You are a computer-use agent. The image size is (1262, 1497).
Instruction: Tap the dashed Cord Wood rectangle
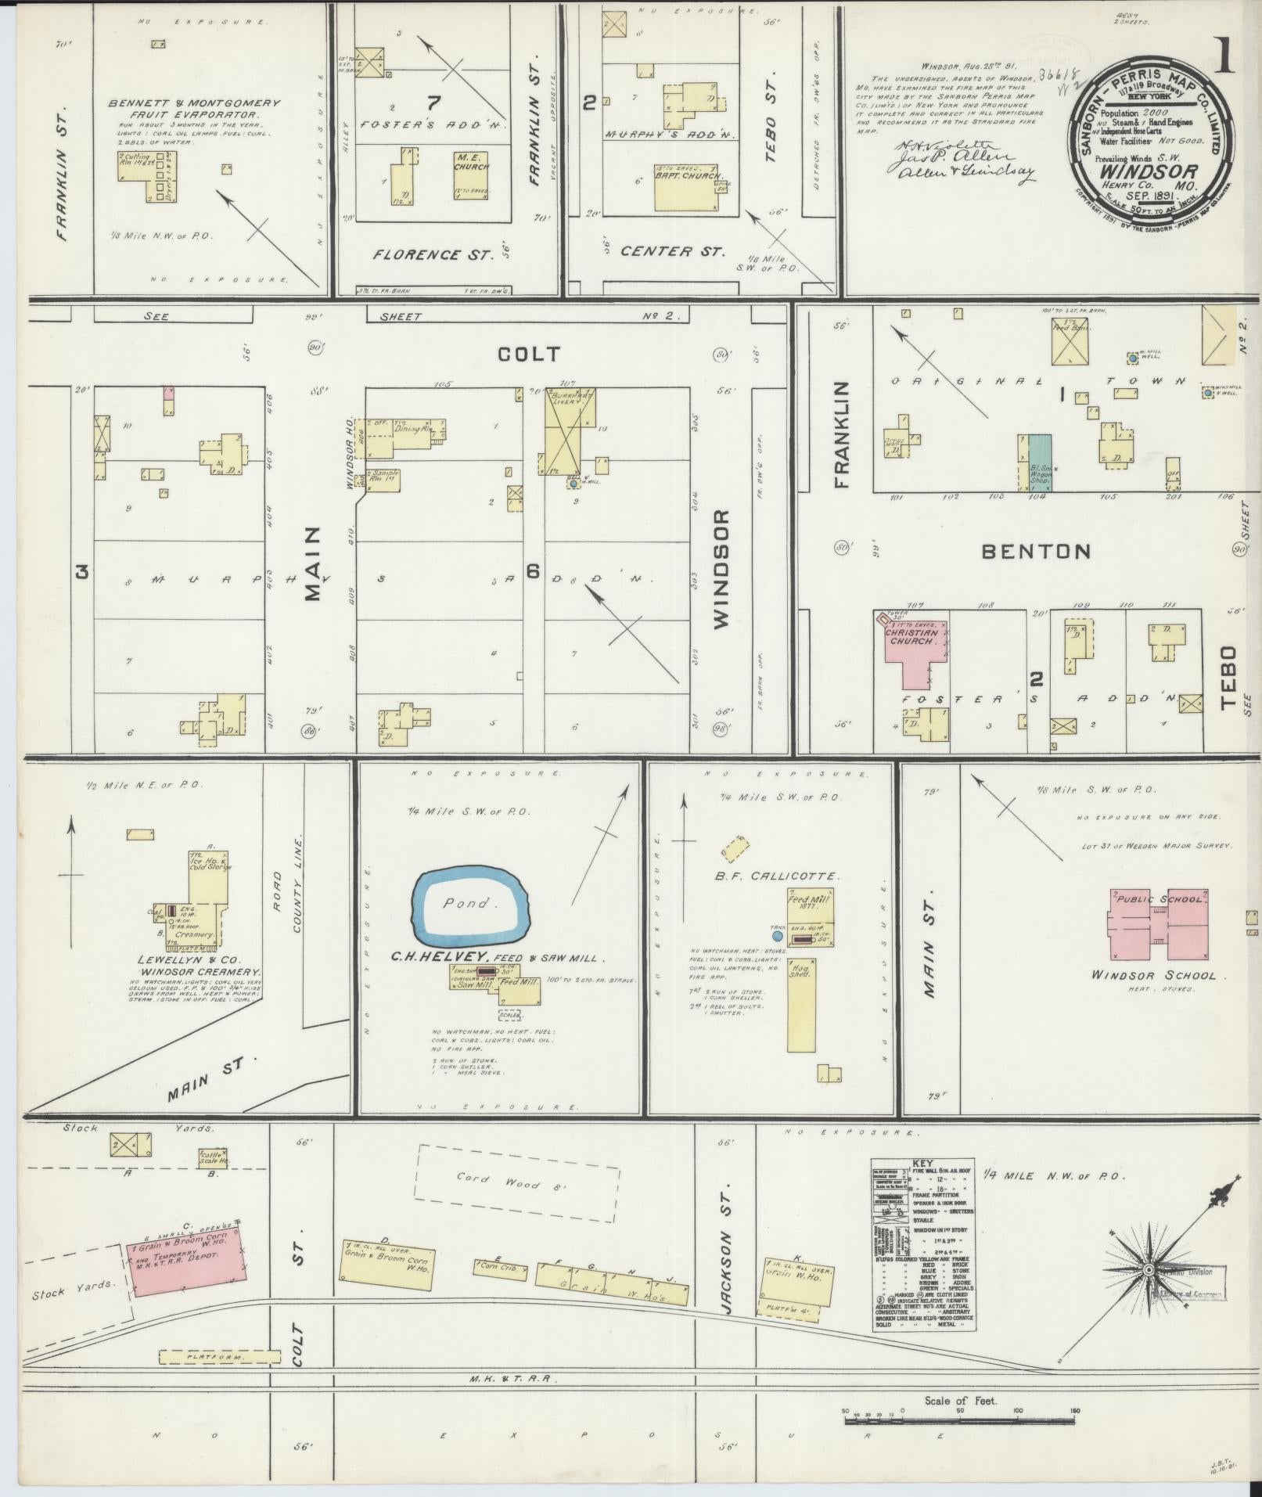click(516, 1184)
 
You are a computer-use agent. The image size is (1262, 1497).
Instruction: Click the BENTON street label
click(1036, 551)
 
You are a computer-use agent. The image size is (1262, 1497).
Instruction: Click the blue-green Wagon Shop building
click(1038, 462)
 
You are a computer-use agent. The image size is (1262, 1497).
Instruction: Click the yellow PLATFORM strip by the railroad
click(219, 1356)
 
